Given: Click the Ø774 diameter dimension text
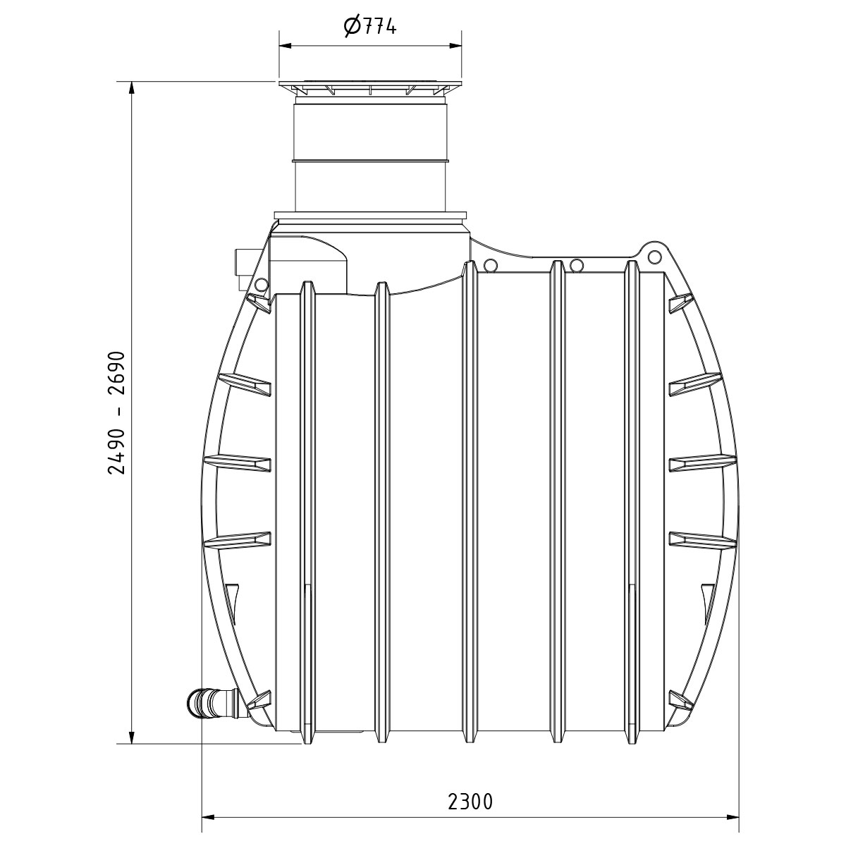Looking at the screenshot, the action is [x=370, y=25].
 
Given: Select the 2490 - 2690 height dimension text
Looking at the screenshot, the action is [x=117, y=412].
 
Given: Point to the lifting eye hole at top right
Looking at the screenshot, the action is [x=654, y=255].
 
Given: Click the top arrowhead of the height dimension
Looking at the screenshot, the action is [x=131, y=90].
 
